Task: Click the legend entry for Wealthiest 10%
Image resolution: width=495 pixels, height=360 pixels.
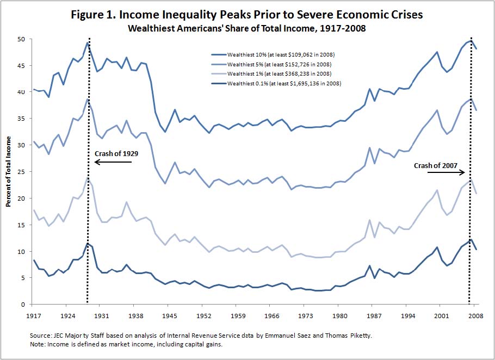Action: click(x=276, y=55)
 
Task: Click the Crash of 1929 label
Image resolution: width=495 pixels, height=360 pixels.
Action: click(x=116, y=154)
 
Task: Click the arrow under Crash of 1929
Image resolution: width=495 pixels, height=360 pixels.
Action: click(x=113, y=162)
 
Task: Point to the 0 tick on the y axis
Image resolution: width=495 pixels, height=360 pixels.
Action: click(x=23, y=305)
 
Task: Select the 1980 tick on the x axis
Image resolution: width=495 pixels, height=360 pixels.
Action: click(x=339, y=315)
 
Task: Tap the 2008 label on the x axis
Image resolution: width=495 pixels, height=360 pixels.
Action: click(x=475, y=315)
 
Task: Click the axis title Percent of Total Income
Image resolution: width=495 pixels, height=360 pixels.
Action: click(x=9, y=171)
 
